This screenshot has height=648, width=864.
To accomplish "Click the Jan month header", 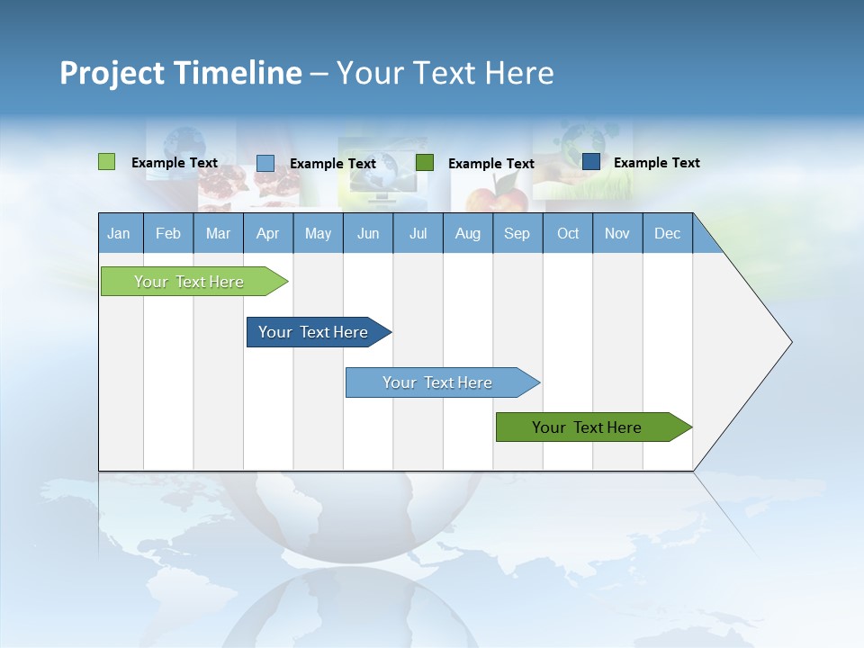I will [119, 233].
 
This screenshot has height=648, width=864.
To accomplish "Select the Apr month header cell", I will [267, 233].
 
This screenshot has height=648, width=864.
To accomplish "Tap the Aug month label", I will [467, 233].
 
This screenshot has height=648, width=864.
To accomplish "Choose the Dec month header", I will [667, 233].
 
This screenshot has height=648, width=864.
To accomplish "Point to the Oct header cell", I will [567, 233].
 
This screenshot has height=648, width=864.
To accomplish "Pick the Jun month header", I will [367, 233].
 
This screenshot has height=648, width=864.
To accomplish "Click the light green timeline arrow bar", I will [189, 282].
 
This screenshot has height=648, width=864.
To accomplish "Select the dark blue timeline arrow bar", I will [313, 332].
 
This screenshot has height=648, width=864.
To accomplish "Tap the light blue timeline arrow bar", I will [437, 382].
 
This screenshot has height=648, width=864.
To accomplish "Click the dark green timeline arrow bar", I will [587, 427].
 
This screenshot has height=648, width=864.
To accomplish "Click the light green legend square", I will [106, 162].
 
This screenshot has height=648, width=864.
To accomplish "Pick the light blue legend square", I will [265, 163].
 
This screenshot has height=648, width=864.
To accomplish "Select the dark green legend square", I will [425, 162].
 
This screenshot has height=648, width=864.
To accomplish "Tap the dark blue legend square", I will [590, 161].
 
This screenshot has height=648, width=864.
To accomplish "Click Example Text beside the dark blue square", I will [656, 162].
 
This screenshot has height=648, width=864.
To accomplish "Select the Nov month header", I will [616, 233].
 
